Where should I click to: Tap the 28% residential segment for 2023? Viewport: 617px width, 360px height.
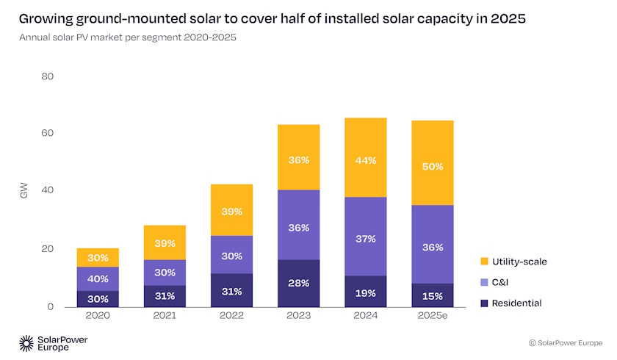pyautogui.click(x=298, y=283)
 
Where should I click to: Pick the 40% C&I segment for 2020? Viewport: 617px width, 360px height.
pyautogui.click(x=98, y=278)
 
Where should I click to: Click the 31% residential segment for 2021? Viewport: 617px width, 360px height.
pyautogui.click(x=165, y=295)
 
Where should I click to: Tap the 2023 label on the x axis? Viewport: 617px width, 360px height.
pyautogui.click(x=298, y=317)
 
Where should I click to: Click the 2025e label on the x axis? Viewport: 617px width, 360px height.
pyautogui.click(x=433, y=317)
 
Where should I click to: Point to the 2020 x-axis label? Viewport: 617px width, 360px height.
pyautogui.click(x=98, y=317)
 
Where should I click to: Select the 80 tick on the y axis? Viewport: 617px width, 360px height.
pyautogui.click(x=47, y=76)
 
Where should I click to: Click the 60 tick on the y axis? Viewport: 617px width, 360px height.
pyautogui.click(x=47, y=134)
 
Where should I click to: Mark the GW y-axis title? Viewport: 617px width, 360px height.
pyautogui.click(x=24, y=192)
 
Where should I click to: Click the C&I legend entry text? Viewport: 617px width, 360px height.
pyautogui.click(x=499, y=281)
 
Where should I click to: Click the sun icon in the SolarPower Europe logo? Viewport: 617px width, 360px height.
pyautogui.click(x=26, y=342)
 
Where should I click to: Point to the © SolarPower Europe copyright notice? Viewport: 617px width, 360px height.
pyautogui.click(x=566, y=342)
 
